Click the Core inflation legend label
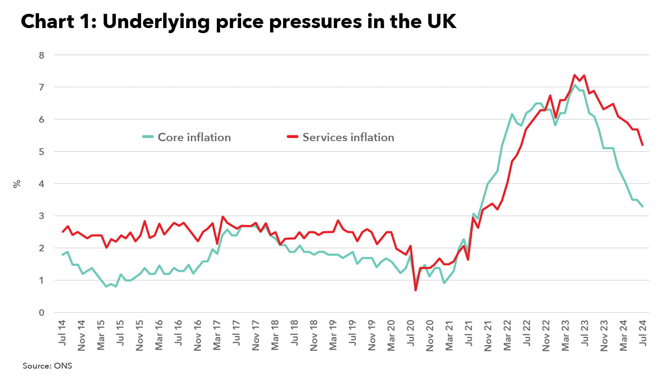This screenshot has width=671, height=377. click(194, 137)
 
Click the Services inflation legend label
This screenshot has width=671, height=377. click(348, 137)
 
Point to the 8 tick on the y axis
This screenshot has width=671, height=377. click(42, 55)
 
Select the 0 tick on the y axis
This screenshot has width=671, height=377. click(42, 312)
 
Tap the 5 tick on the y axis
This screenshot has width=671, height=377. click(42, 152)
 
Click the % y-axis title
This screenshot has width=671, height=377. click(17, 183)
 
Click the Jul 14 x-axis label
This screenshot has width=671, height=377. click(62, 333)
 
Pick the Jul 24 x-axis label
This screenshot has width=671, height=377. click(642, 333)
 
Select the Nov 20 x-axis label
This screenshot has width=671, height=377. click(430, 335)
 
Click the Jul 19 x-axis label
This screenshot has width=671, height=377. click(353, 333)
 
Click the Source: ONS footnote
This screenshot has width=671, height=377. click(47, 366)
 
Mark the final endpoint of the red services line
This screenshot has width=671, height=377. click(642, 145)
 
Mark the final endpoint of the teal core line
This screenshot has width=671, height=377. click(642, 206)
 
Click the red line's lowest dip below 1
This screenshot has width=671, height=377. click(416, 290)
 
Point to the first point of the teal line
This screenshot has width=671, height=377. click(62, 255)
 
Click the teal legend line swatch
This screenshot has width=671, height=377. click(148, 137)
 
